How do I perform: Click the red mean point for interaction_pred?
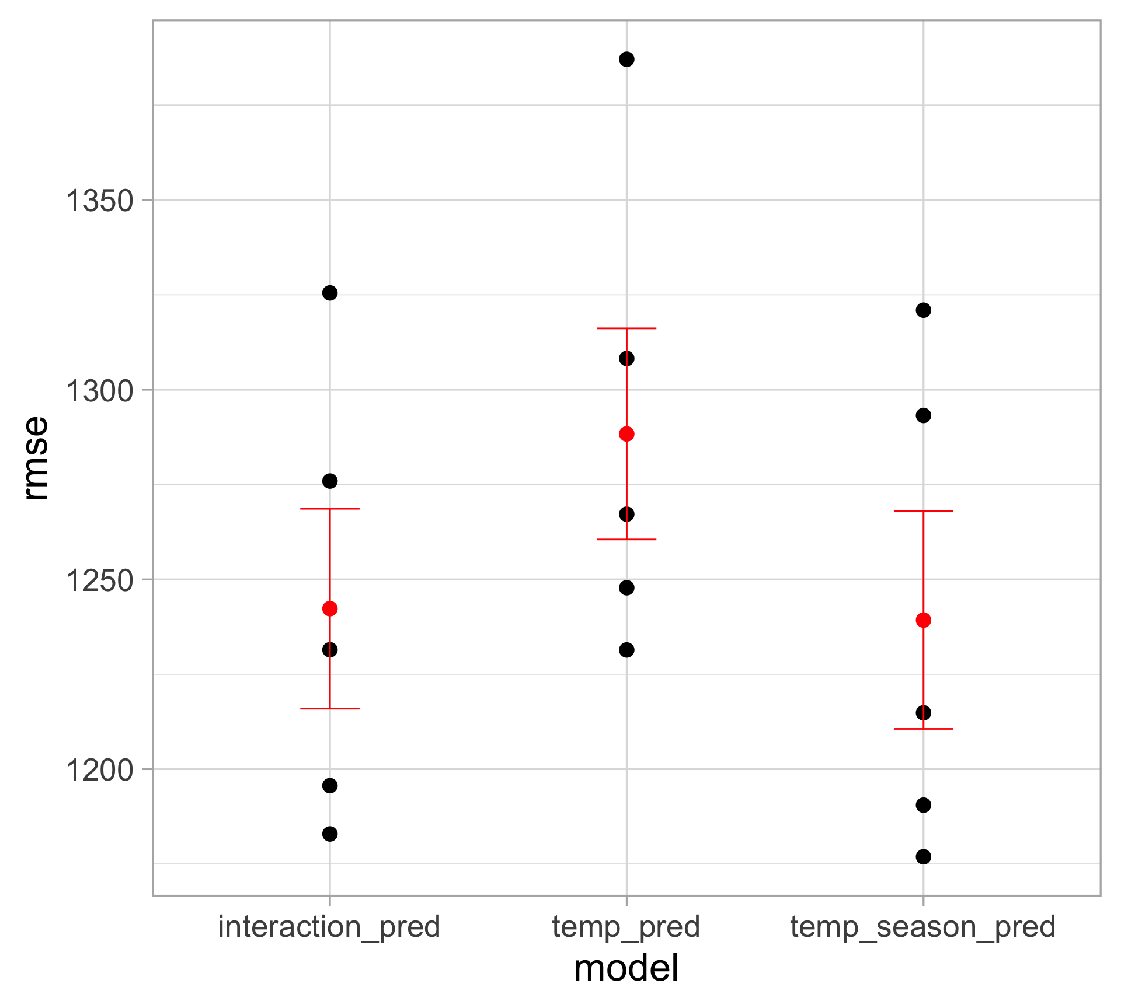[330, 609]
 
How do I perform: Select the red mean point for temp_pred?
[626, 434]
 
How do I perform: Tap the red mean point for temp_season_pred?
[924, 620]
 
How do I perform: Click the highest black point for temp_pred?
[626, 60]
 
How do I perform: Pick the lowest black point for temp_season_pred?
[924, 857]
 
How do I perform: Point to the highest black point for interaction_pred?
[330, 293]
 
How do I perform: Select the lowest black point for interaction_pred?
[330, 834]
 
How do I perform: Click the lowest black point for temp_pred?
[626, 650]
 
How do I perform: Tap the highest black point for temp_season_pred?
[924, 310]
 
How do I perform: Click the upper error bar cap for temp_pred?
[626, 328]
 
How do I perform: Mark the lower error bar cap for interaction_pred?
[330, 709]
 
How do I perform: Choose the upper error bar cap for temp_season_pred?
[924, 511]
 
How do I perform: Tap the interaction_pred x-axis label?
[329, 927]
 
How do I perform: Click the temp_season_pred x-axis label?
[923, 927]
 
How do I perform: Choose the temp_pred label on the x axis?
[626, 927]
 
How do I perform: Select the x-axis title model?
[626, 969]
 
